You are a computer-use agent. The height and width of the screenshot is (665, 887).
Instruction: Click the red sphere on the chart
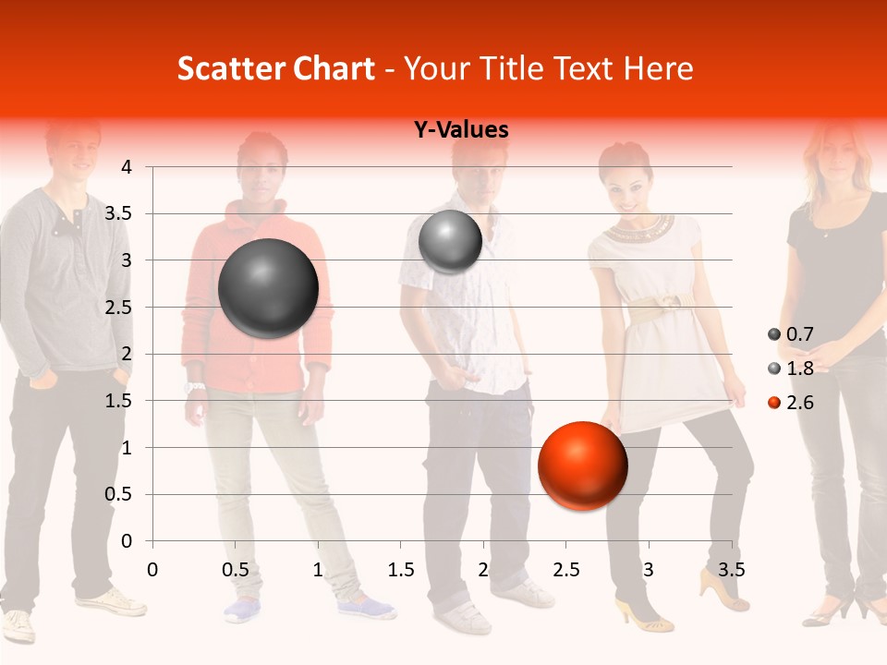click(582, 465)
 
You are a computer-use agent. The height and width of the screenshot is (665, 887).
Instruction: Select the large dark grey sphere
click(268, 288)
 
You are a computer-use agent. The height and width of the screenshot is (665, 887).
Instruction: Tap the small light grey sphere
click(450, 241)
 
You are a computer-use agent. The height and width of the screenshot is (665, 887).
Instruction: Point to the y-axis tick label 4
click(127, 167)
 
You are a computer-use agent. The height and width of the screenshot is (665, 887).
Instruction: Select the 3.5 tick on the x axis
click(731, 568)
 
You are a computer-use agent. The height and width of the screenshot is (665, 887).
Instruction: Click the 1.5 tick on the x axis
click(400, 568)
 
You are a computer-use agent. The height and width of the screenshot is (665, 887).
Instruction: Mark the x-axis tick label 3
click(649, 568)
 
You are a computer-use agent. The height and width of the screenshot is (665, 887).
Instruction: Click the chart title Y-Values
click(461, 130)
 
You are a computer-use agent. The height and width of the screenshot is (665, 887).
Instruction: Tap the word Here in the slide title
click(658, 68)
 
